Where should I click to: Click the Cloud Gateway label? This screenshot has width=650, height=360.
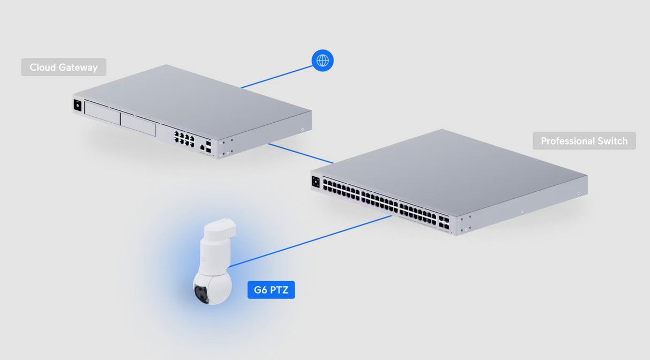point(64,67)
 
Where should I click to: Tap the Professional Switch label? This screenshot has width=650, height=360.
point(584,141)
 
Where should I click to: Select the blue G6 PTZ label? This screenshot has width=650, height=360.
point(271,290)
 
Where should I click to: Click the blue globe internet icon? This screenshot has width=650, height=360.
point(322,61)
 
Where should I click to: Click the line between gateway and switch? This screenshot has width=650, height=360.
point(300,153)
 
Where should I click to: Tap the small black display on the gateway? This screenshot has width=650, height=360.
point(78,105)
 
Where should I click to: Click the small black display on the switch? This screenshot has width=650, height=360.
point(316,182)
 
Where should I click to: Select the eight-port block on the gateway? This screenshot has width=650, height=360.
point(184,138)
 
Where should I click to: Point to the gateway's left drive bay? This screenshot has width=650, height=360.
point(102,114)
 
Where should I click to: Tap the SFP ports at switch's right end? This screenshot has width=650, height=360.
point(443,223)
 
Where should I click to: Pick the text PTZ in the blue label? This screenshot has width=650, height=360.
point(279,290)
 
